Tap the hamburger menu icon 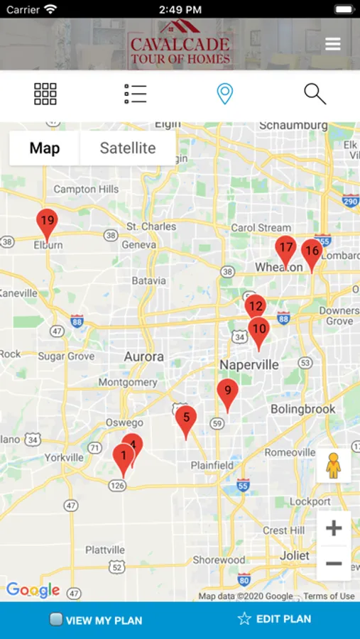click(x=333, y=44)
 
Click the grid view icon click(x=45, y=94)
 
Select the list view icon click(x=135, y=94)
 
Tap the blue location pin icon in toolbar click(x=225, y=94)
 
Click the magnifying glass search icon click(x=315, y=94)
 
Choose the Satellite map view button click(x=128, y=148)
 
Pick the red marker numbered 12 click(x=255, y=307)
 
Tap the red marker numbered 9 click(x=227, y=392)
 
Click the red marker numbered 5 click(x=186, y=419)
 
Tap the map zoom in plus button click(x=334, y=528)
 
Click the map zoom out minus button click(x=334, y=564)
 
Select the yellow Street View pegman click(x=333, y=466)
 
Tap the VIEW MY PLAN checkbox click(x=56, y=619)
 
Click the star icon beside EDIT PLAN click(x=244, y=619)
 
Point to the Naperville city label click(x=249, y=365)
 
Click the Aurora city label click(x=144, y=356)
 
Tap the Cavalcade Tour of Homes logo click(x=180, y=44)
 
